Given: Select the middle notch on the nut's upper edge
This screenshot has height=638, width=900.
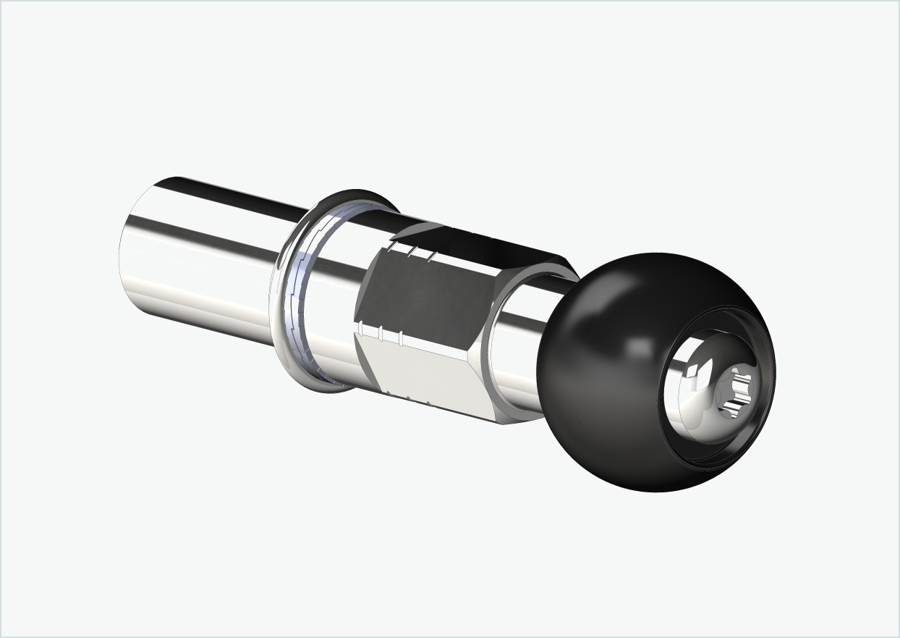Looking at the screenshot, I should point(411,253).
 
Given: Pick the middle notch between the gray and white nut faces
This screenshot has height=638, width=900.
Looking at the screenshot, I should point(380,334).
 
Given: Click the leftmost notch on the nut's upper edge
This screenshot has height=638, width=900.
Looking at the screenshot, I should point(391,248).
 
